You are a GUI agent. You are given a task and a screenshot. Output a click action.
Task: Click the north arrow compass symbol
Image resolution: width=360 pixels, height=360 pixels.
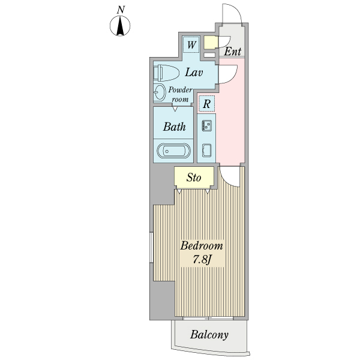tap(121, 26)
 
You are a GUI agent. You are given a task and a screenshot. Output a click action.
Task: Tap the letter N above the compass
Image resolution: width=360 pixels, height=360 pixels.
tap(121, 9)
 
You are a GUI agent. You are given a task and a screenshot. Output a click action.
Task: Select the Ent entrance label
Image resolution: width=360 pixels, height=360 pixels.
tap(233, 52)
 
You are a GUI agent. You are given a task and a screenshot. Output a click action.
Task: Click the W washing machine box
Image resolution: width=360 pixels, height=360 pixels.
tap(191, 44)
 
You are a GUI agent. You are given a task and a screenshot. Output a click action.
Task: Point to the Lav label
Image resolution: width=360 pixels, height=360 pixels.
tap(193, 73)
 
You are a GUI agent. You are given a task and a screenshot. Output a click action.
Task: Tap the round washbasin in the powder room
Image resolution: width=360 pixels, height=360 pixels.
tap(160, 93)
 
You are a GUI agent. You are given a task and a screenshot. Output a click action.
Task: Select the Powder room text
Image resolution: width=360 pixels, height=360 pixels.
tap(180, 95)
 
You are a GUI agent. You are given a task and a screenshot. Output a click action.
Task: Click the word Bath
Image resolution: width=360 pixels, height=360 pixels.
tap(174, 127)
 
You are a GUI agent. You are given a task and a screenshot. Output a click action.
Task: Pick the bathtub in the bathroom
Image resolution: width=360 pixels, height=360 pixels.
tap(173, 150)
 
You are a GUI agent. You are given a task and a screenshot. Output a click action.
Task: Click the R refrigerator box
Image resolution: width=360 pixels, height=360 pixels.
tap(206, 104)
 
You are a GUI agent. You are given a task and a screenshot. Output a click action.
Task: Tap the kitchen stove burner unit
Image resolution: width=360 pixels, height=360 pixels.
tap(206, 126)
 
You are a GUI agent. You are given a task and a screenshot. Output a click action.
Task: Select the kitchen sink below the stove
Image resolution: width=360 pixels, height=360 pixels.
tap(206, 150)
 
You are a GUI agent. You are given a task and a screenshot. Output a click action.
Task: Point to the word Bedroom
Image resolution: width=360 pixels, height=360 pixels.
tap(202, 246)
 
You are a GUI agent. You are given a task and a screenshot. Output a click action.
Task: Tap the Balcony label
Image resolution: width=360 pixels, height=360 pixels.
tap(209, 335)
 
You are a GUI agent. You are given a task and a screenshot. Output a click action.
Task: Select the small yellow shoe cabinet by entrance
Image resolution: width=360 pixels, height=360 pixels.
tap(209, 43)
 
